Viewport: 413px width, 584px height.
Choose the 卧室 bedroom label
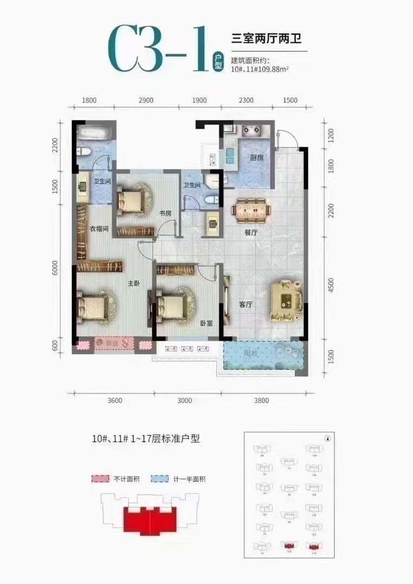(206, 323)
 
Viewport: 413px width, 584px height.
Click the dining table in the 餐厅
(249, 208)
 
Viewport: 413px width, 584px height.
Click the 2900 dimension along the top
(146, 101)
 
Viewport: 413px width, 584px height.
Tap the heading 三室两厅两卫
(265, 38)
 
